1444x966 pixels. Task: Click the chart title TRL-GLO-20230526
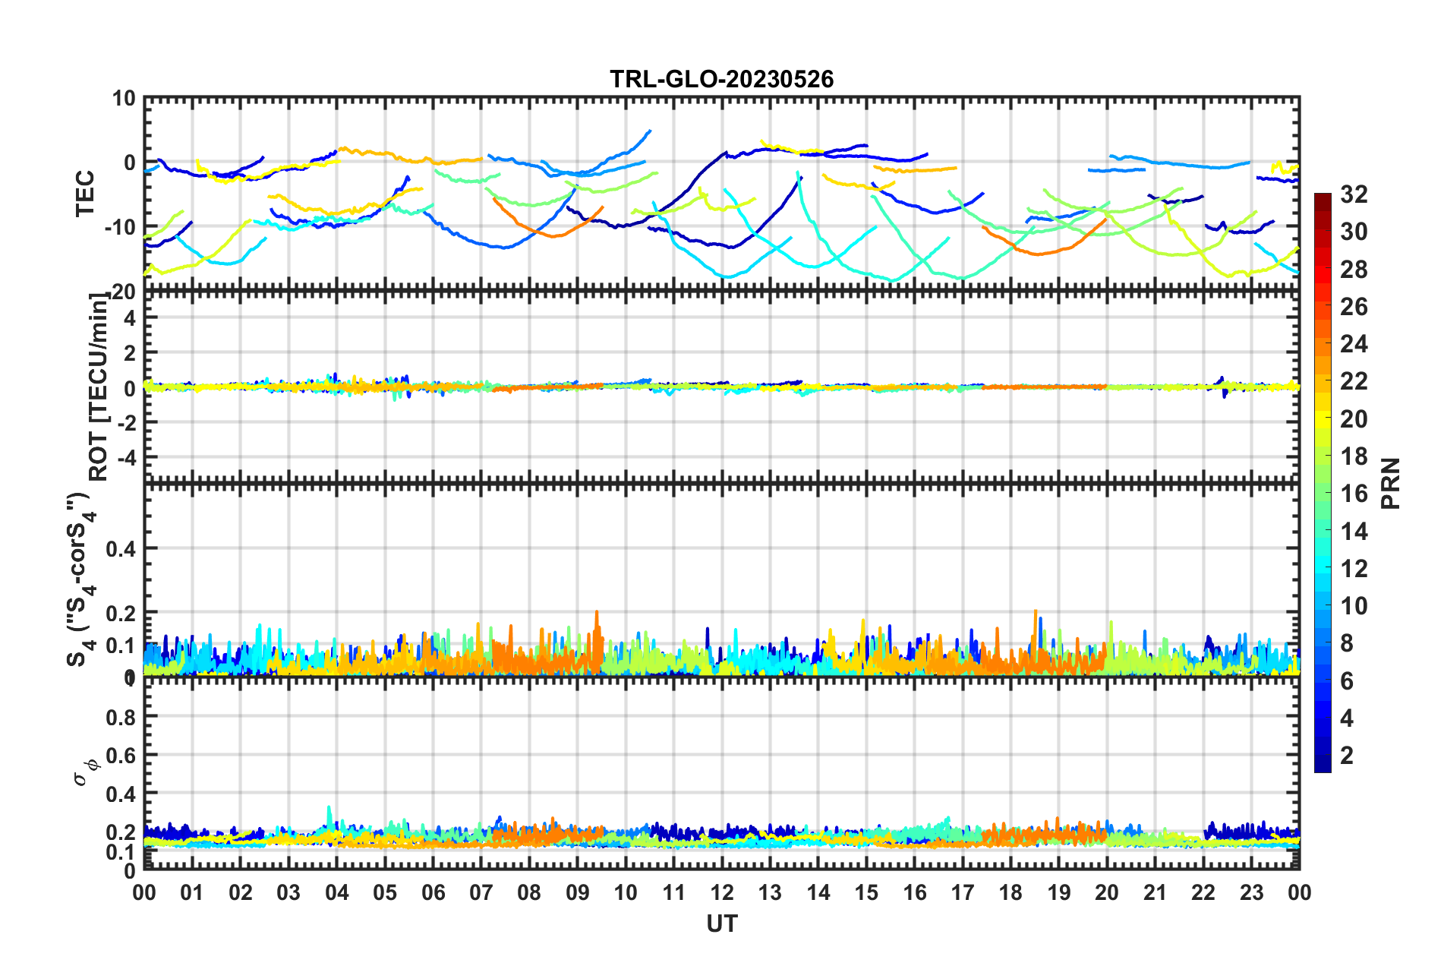point(721,79)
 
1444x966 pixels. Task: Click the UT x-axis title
point(721,923)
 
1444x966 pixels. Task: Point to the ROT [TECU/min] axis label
point(98,387)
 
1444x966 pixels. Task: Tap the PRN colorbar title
point(1391,483)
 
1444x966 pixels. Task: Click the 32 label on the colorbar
point(1353,194)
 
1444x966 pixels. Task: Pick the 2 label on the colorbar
point(1347,755)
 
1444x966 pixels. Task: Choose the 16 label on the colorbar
point(1353,494)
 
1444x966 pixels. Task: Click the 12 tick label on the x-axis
point(721,892)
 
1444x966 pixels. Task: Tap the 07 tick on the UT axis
point(481,892)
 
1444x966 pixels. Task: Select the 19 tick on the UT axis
point(1058,892)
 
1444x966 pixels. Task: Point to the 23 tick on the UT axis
point(1251,892)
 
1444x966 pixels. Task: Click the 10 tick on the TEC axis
point(125,98)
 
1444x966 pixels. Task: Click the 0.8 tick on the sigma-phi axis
point(121,717)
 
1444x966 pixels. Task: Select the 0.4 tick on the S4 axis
point(121,548)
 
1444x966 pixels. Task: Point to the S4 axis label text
point(79,579)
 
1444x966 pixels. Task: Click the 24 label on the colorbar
point(1353,344)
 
